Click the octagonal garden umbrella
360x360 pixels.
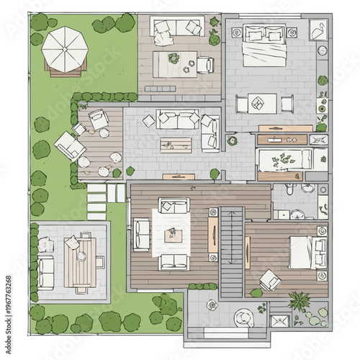point(65,49)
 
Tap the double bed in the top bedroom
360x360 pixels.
point(264,45)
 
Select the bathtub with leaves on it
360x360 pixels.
point(284,160)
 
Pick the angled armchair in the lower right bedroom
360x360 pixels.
point(270,279)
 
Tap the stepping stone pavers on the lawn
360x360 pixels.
point(96,202)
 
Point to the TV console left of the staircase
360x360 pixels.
point(212,231)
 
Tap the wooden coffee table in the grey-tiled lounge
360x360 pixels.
point(176,145)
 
